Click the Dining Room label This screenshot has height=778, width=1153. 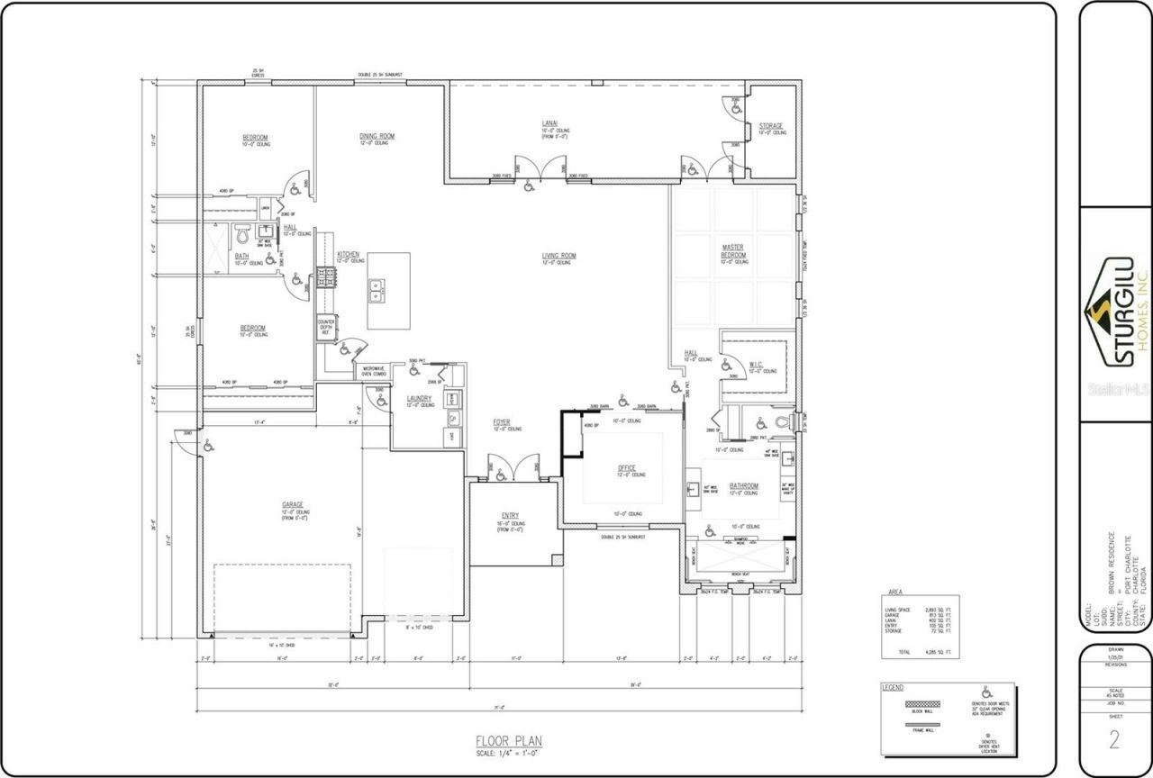[x=377, y=136]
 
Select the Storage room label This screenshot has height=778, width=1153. [x=770, y=126]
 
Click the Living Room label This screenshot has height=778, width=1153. [x=558, y=256]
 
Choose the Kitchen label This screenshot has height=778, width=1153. [x=349, y=255]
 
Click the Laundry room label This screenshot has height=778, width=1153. [x=419, y=398]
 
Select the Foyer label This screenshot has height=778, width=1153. [x=502, y=422]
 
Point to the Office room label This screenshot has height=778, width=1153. [x=627, y=468]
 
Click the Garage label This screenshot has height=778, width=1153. [x=291, y=504]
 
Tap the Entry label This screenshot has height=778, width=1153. [x=510, y=516]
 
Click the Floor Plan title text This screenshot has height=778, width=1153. [x=509, y=741]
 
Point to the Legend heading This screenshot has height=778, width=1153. [x=893, y=687]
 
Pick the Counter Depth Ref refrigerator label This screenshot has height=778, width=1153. [x=325, y=327]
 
